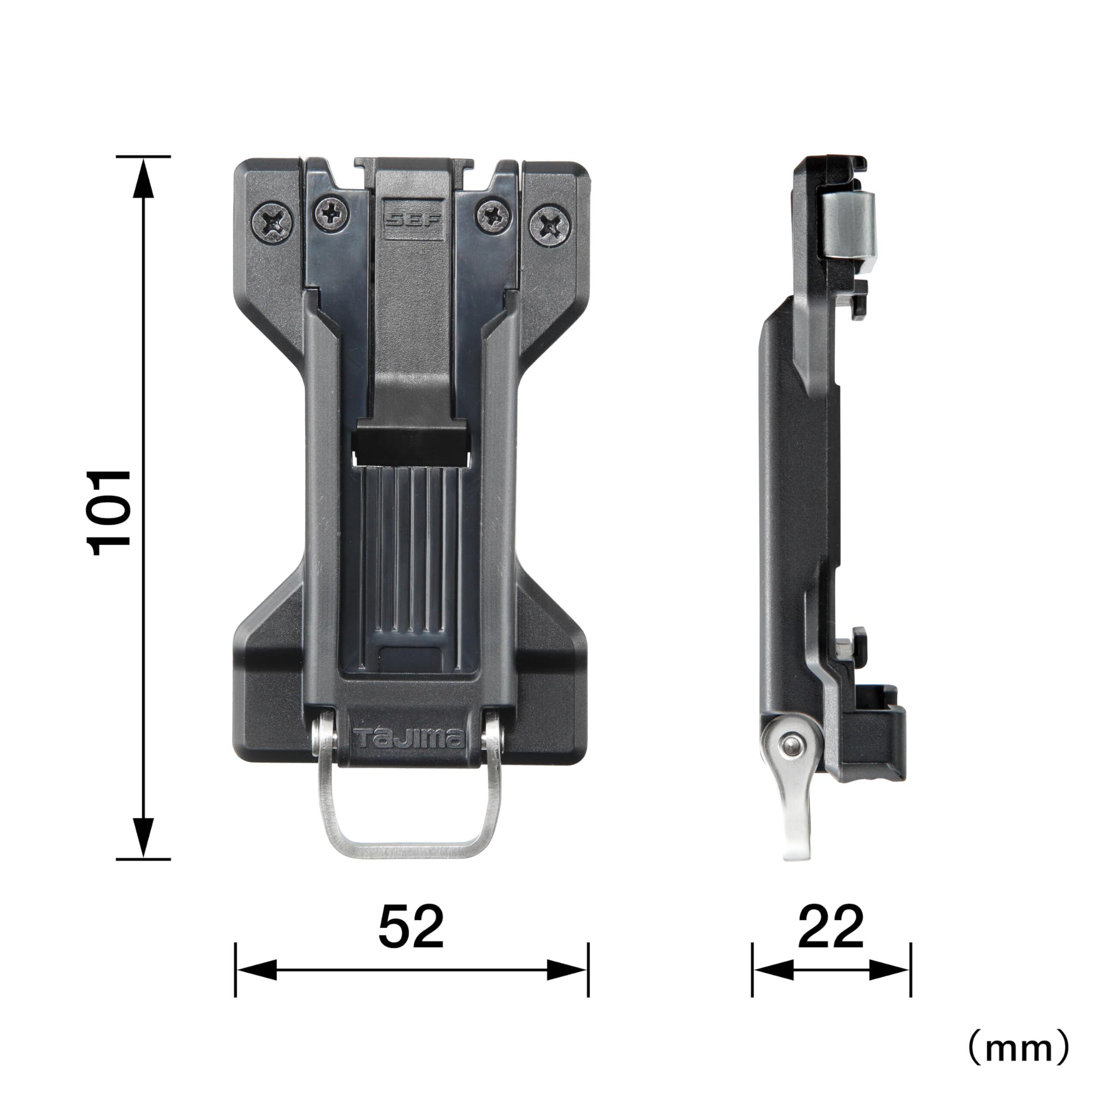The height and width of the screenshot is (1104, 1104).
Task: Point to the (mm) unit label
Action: (x=1018, y=1046)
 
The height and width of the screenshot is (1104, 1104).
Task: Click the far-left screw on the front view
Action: (x=272, y=222)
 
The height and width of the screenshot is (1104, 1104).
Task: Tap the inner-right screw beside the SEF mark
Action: (x=493, y=216)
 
